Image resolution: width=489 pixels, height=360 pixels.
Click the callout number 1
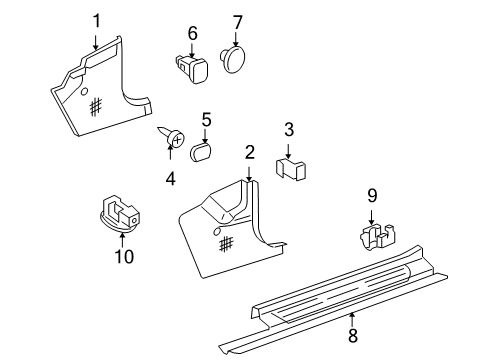coord(96,21)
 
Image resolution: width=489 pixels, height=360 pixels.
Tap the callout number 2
coord(250,153)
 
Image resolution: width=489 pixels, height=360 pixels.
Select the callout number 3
coord(289,129)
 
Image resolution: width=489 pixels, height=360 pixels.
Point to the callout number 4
coord(170,179)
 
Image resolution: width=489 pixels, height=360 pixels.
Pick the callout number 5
coord(207,120)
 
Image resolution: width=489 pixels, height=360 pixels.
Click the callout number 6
coord(193,33)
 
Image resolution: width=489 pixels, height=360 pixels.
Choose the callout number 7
coord(237,23)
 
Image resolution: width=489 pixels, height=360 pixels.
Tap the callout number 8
coord(353,335)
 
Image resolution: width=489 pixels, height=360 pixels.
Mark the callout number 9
coord(372,196)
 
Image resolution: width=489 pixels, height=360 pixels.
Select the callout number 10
coord(124,256)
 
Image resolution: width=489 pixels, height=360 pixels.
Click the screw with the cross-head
coord(171,137)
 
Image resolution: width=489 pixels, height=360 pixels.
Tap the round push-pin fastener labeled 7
coord(232,59)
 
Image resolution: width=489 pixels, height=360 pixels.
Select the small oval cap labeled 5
coord(201,153)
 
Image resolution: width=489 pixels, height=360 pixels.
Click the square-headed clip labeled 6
coord(192,69)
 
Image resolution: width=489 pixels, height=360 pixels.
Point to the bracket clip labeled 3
coord(291,170)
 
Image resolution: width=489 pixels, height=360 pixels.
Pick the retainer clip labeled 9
coord(378,237)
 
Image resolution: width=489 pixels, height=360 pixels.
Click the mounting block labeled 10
coord(120,213)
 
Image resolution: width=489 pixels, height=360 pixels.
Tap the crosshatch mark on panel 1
coord(96,107)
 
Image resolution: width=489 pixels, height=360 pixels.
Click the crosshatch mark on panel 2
coord(226,243)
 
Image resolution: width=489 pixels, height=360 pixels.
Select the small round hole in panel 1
coord(85,92)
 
